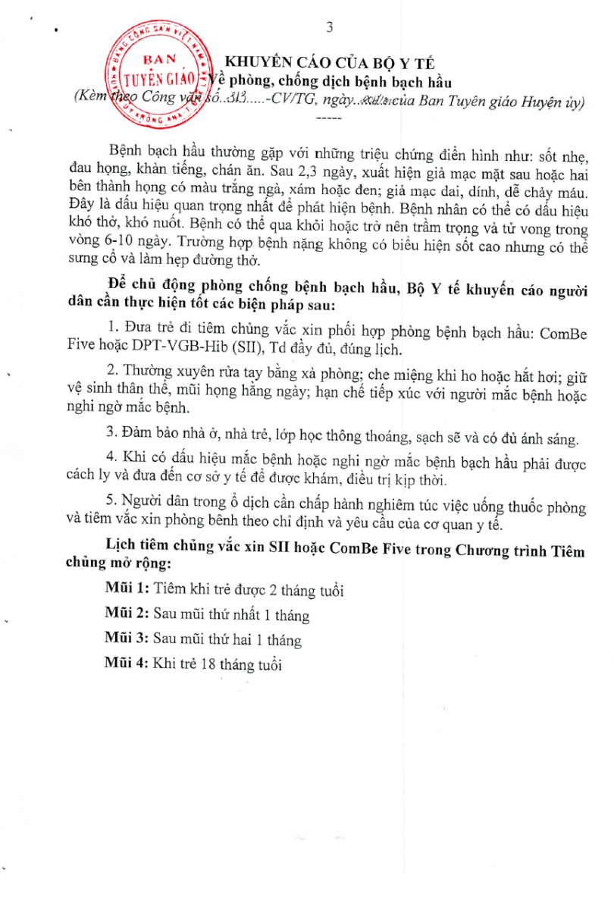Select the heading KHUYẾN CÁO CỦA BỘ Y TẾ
coord(337,63)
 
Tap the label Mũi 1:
coord(128,589)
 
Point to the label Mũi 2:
coord(128,614)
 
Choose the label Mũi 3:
coord(128,639)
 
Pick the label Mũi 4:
coord(128,664)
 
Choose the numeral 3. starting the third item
coord(111,438)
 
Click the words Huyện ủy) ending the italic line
coord(550,102)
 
